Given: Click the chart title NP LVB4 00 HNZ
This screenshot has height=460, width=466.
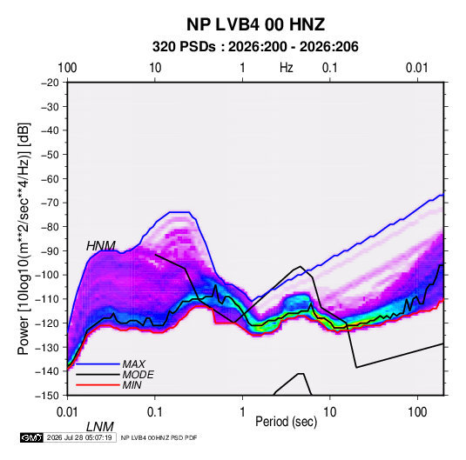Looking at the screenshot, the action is coord(255,24).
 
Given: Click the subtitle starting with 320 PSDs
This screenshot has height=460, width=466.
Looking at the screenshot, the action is coord(255,47).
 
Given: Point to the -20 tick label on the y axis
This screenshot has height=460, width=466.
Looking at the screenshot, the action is coord(50,83).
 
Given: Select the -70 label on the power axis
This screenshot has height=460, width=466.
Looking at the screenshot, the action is coord(50,203).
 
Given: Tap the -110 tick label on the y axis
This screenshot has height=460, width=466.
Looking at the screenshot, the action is coord(47,299).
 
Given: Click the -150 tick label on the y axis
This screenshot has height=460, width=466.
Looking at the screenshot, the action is coord(47,396).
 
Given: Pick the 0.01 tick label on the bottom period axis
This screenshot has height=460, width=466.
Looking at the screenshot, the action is coord(67,412).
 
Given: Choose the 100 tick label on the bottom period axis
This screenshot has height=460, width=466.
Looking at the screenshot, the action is coord(417,412).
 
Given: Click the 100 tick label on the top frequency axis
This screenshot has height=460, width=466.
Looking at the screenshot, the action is coord(67,68).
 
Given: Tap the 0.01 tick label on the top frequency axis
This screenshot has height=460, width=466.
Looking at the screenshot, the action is coord(417,68).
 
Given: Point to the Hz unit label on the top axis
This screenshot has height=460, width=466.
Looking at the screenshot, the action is coord(287,68).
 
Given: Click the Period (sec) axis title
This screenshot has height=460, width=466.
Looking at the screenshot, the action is coord(287,422).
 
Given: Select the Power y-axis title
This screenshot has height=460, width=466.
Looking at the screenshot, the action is coord(24,238).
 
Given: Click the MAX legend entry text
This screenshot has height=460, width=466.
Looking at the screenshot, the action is coord(134,364).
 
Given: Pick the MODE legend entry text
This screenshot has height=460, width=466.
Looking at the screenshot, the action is coord(138,375).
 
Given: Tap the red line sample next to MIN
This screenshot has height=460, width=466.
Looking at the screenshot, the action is coord(98,385).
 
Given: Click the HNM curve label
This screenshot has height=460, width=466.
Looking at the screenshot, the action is coord(101,246).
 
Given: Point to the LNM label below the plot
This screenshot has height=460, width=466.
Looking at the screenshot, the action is coord(100,427).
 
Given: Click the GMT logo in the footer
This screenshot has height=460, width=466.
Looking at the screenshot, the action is coord(32,437).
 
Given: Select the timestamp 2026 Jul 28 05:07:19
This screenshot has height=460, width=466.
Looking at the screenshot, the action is coord(79,437).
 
